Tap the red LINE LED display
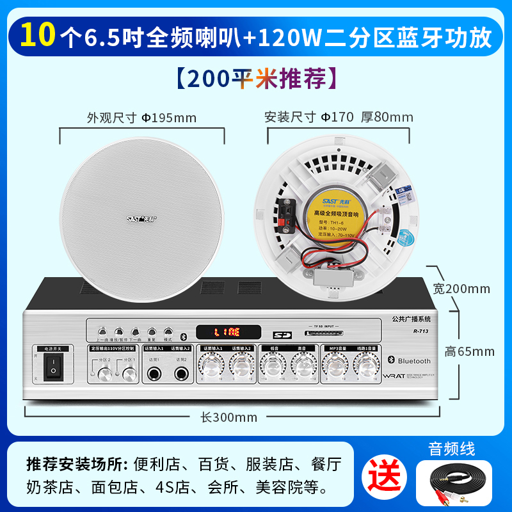(x=227, y=332)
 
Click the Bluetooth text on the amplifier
(x=414, y=362)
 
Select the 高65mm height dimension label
(x=470, y=351)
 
